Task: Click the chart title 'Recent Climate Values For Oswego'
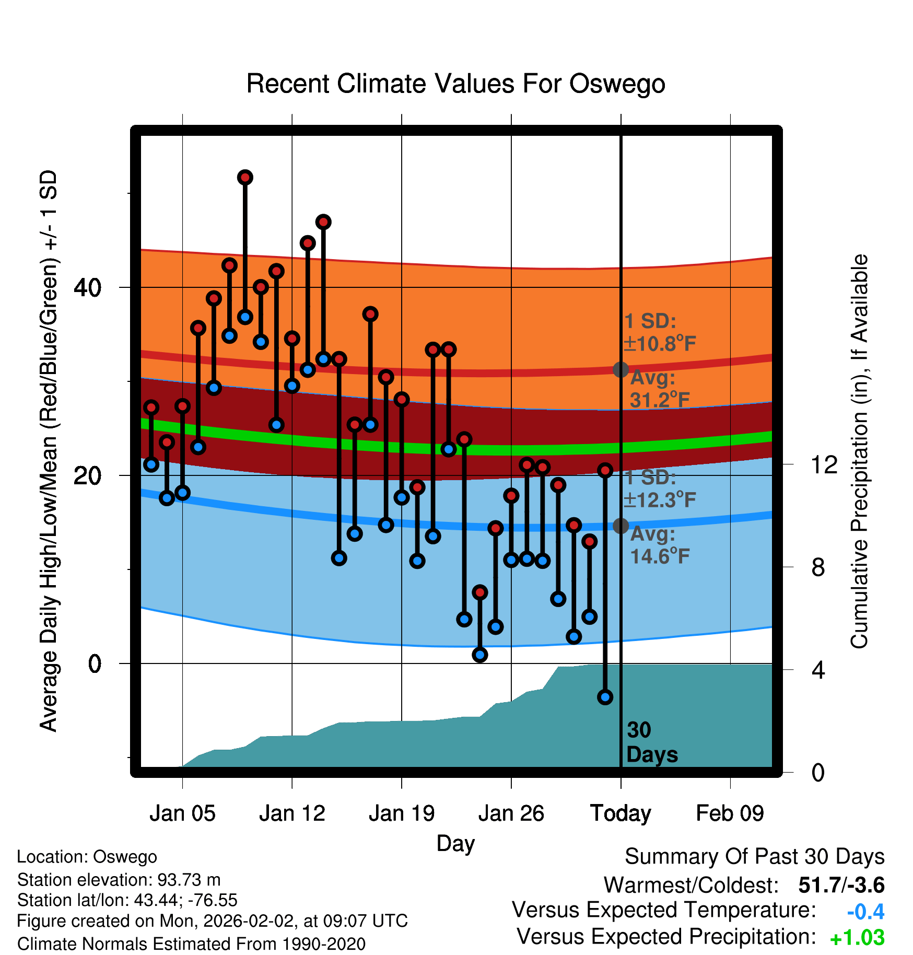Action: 455,84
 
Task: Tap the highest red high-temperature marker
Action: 245,178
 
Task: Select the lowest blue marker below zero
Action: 605,697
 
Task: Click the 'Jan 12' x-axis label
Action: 292,813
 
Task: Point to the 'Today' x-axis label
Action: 621,813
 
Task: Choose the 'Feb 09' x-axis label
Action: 730,813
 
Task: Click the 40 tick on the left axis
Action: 87,287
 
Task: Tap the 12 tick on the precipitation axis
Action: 824,464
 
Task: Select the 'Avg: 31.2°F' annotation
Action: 659,389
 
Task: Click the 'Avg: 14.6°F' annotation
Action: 659,545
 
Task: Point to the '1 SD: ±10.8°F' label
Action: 659,332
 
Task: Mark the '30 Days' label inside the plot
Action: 651,742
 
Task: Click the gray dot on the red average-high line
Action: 621,369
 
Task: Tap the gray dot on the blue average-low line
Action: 621,526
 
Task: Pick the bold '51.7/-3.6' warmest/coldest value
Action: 841,885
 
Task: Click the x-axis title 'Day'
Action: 455,843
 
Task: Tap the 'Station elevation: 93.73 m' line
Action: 119,880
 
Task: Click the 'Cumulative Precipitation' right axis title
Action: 859,451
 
